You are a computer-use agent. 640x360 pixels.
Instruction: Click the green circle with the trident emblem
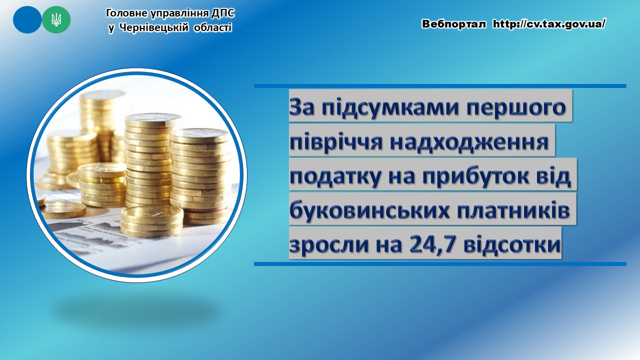tap(56, 19)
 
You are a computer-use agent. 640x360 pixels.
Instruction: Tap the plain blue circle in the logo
tap(27, 19)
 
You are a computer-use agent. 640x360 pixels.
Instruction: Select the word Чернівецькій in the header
tap(154, 28)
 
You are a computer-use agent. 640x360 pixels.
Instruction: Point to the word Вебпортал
tap(453, 24)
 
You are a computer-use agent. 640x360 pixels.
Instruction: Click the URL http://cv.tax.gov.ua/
tap(549, 24)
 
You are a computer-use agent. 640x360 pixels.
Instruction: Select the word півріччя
tap(336, 141)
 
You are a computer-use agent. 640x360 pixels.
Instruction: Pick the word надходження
tap(469, 141)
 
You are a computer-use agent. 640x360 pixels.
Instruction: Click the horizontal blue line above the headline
tap(440, 86)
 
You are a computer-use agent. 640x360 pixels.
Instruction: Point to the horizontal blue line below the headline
tap(440, 264)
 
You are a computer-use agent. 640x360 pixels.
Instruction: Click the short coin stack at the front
tap(151, 221)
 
